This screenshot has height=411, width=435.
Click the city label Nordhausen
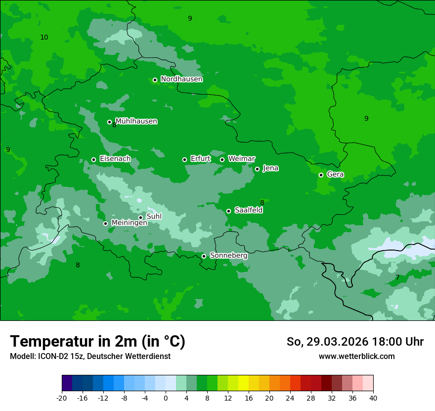(x=181, y=79)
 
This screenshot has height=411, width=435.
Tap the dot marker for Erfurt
(x=184, y=159)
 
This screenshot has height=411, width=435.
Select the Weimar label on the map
(x=241, y=159)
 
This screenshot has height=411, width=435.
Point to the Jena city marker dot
(x=257, y=169)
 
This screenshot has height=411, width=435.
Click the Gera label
(x=335, y=174)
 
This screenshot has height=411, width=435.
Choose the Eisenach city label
(x=115, y=159)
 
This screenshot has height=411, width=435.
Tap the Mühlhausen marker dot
(x=109, y=122)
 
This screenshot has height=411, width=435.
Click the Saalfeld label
(x=248, y=210)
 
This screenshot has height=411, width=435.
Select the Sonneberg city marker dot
(x=204, y=256)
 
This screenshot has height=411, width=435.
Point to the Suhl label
(x=154, y=216)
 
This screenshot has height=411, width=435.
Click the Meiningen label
(x=129, y=223)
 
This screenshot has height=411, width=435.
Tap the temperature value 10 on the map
(x=44, y=37)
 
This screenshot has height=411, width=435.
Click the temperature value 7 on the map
(x=397, y=278)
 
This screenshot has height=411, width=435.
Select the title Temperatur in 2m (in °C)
(x=97, y=342)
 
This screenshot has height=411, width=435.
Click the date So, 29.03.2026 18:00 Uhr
(x=355, y=342)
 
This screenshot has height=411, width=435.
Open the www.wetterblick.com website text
(x=356, y=357)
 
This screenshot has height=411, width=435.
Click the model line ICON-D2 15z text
(x=90, y=357)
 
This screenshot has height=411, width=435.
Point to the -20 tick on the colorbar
(x=62, y=398)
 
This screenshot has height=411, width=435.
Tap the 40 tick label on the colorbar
(x=373, y=398)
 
